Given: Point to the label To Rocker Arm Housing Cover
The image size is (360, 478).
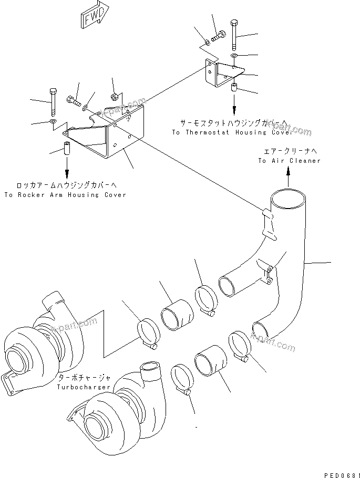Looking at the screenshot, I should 65,195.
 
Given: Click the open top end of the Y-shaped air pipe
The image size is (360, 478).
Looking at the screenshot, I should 287,198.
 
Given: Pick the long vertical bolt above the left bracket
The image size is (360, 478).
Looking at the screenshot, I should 53,102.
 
